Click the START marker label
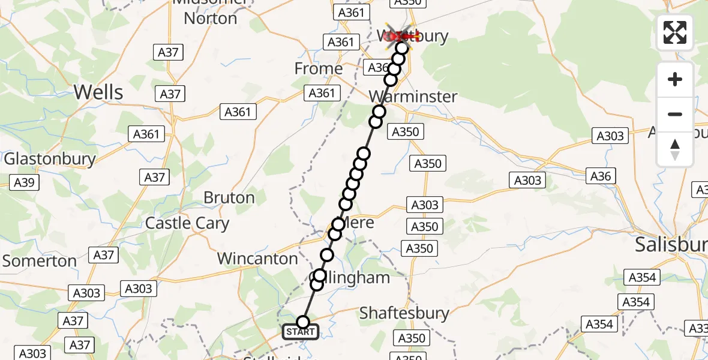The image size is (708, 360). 301,332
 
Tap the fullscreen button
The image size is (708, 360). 675,32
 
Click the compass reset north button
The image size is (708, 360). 675,149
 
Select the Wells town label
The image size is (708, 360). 98,92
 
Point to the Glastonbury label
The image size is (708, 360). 50,158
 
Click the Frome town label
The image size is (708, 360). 318,69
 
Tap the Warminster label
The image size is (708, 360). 413,96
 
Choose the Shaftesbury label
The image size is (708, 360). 404,313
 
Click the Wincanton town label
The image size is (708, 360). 257,259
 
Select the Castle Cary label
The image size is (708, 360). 187,224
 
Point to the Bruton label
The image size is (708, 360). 229,197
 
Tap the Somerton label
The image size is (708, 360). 40,261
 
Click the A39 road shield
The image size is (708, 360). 24,183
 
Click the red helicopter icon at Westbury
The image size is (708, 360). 401,36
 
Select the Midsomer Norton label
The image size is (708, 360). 210,11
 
